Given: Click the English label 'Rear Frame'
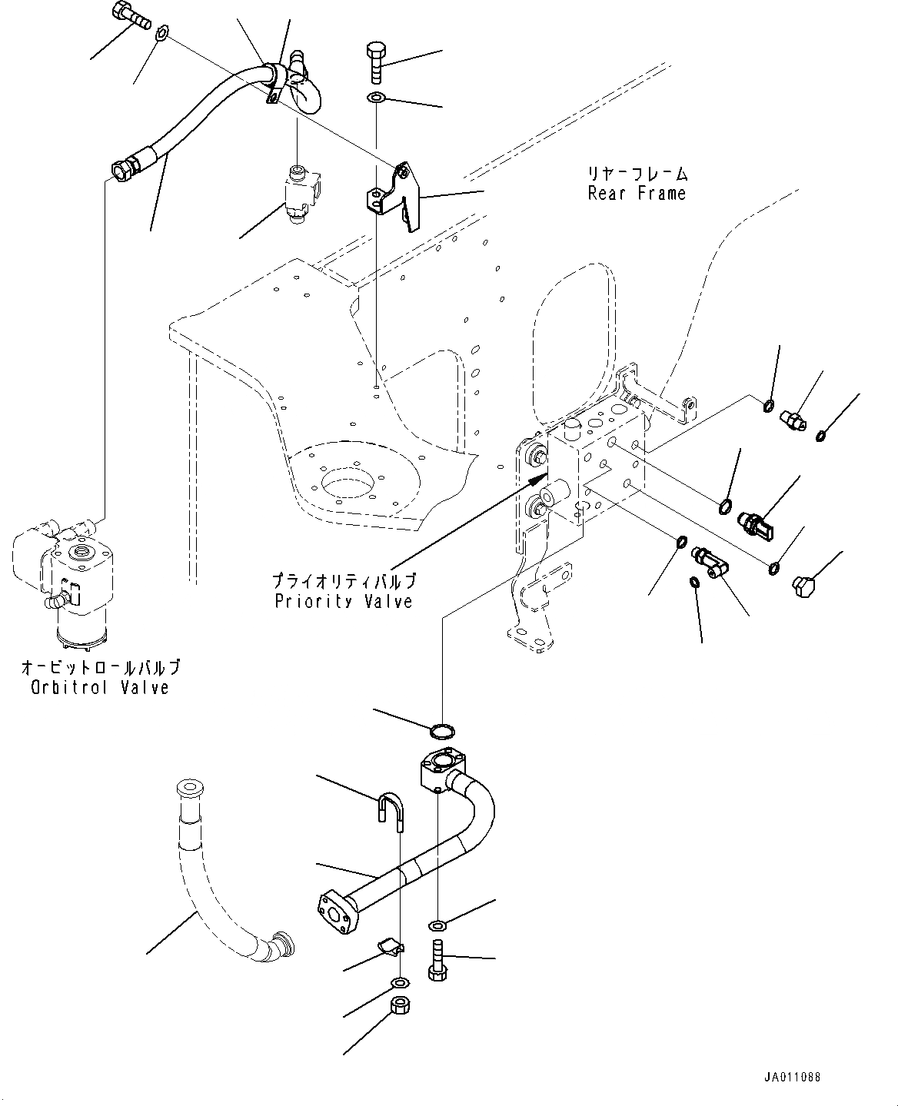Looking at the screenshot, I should click(x=637, y=194).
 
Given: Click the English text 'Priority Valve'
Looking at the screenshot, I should click(x=344, y=602).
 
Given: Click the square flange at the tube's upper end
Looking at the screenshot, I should click(x=442, y=769).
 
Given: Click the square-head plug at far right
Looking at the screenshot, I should click(x=803, y=589).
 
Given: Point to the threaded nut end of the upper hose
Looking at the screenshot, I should click(x=125, y=167).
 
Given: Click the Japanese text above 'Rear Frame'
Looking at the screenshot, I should click(x=637, y=174).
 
